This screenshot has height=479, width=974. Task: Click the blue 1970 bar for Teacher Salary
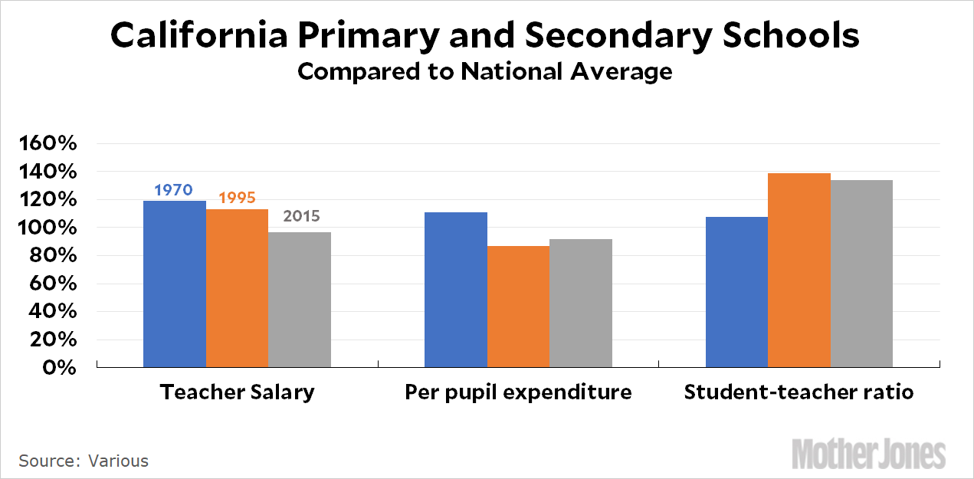click(175, 284)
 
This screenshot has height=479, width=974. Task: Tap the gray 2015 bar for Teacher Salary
click(300, 300)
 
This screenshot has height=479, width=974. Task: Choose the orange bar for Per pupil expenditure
click(518, 307)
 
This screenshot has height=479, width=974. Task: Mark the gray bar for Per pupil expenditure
click(581, 303)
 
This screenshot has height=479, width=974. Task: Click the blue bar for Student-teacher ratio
click(736, 292)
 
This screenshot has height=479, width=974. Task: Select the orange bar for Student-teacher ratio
click(799, 271)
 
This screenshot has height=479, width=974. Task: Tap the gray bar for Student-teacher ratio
click(861, 274)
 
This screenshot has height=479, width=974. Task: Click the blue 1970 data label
click(173, 189)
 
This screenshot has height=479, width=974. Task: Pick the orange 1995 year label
click(237, 198)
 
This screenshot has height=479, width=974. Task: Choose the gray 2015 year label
click(301, 216)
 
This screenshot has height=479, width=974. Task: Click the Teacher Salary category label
click(237, 392)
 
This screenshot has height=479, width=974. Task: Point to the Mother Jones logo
click(868, 453)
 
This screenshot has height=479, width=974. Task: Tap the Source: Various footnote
click(84, 461)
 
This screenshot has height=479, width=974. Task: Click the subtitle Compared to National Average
click(484, 71)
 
